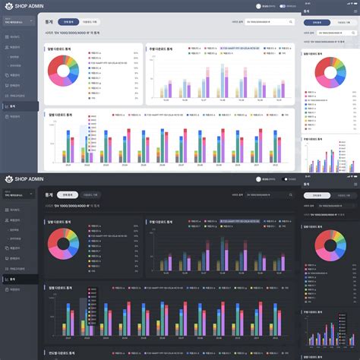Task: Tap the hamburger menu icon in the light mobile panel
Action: tap(354, 11)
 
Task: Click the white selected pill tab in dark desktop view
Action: tap(69, 195)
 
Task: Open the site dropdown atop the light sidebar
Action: tap(18, 23)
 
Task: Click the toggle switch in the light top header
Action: tap(283, 6)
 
